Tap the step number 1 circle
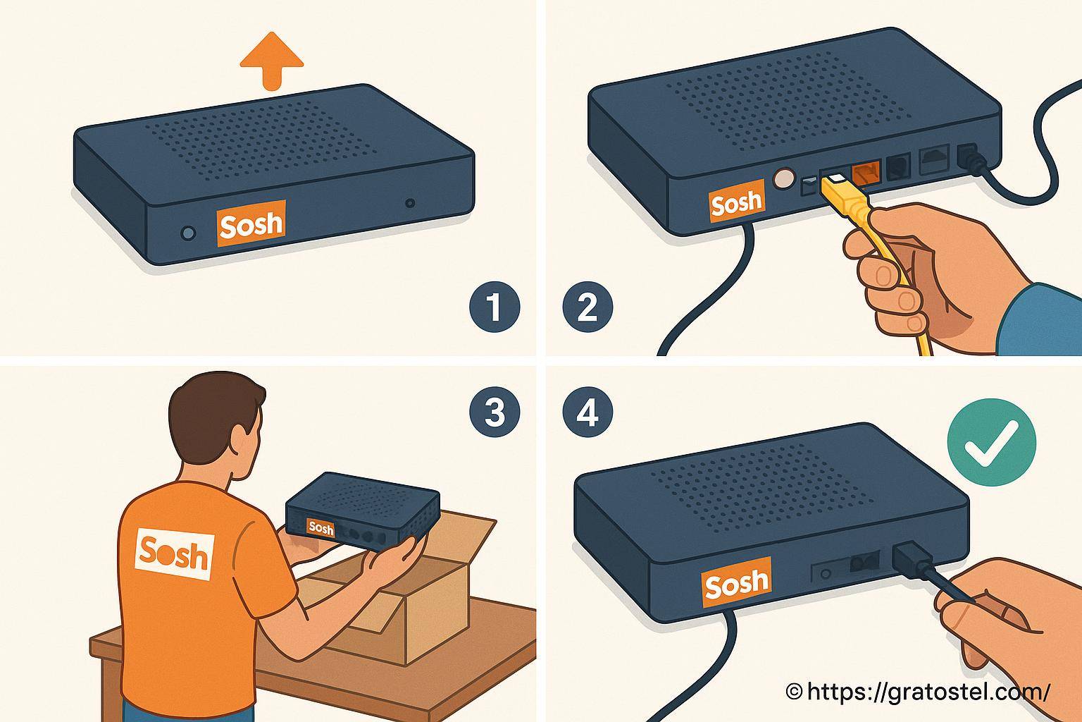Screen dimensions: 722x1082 click(x=495, y=307)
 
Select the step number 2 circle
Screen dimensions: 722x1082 click(x=587, y=307)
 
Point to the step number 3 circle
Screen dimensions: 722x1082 click(x=495, y=412)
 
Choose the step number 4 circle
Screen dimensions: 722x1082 click(x=587, y=412)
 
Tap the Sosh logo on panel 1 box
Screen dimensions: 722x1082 click(x=251, y=224)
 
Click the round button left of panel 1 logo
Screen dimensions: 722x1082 click(x=188, y=233)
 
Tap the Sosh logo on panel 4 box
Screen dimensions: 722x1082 click(x=736, y=582)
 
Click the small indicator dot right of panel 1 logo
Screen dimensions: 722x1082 click(x=410, y=203)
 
